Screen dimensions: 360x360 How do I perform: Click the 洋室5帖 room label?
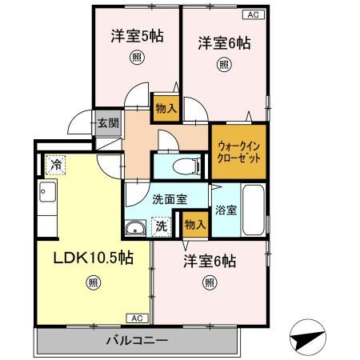(137, 36)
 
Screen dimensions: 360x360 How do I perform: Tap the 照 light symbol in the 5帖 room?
(137, 58)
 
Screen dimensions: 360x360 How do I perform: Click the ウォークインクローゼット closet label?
(238, 152)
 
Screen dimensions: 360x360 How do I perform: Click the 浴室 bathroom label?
(225, 211)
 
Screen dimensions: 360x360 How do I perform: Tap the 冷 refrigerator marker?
(56, 163)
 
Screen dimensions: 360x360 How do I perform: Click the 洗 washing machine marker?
(161, 226)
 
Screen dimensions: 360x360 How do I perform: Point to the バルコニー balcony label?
(137, 340)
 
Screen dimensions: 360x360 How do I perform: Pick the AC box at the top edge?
(251, 14)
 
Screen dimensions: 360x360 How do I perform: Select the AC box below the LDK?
(136, 318)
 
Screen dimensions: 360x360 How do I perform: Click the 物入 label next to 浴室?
(194, 225)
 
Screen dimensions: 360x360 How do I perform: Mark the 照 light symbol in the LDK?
(93, 282)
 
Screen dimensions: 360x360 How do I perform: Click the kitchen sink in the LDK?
(46, 193)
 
